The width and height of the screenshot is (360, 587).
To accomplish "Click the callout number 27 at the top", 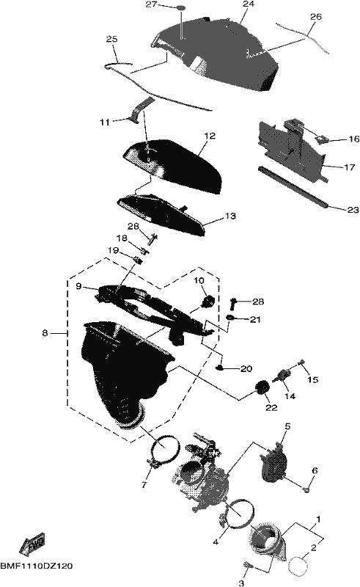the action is click(151, 4).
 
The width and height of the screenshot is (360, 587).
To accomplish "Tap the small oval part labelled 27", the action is click(181, 7).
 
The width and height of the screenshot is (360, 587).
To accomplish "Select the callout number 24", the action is click(249, 4).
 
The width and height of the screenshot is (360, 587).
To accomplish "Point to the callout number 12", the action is click(210, 136).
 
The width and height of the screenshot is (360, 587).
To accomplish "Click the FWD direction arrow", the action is click(32, 543).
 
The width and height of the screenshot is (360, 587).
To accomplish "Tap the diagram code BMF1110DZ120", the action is click(37, 566).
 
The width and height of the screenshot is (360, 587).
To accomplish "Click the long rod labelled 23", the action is click(293, 186).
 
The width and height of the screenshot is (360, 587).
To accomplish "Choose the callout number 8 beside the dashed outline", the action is click(45, 332).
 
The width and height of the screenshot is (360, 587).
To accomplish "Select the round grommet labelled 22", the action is click(262, 387).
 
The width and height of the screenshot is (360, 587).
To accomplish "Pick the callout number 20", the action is click(246, 369).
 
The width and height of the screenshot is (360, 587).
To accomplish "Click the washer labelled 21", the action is click(229, 318).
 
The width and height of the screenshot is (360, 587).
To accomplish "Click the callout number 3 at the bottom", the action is click(241, 583).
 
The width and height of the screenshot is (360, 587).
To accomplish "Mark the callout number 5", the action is click(287, 426).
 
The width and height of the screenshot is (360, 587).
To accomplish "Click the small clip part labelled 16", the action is click(321, 139).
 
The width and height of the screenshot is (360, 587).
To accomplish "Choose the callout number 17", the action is click(349, 167).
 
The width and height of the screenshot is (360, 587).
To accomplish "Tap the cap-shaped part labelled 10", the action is click(207, 301).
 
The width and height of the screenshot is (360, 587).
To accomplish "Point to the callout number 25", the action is click(111, 39).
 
